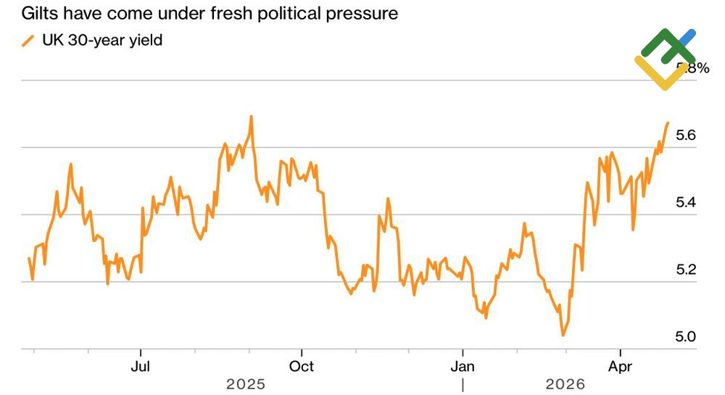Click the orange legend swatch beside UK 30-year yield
[x=28, y=41]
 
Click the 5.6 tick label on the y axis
[x=686, y=136]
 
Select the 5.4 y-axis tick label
[x=686, y=202]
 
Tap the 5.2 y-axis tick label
[x=686, y=270]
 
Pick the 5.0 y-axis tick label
[x=686, y=337]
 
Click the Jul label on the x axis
[x=140, y=366]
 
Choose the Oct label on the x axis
[x=302, y=366]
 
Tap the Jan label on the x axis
[x=463, y=366]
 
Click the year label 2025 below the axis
[x=246, y=384]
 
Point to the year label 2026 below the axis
[x=565, y=384]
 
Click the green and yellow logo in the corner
[x=663, y=58]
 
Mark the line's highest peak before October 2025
[x=251, y=116]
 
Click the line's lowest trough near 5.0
[x=563, y=335]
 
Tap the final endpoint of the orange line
[x=667, y=123]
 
